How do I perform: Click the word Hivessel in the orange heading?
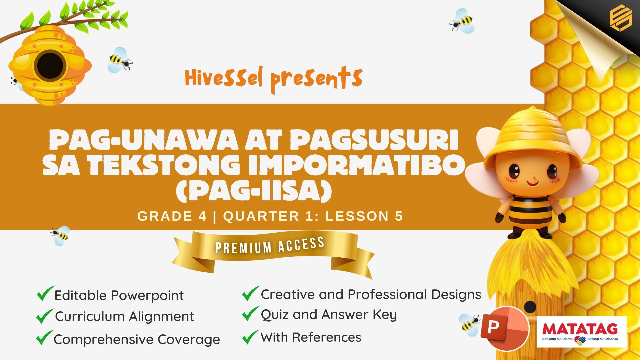point(224,78)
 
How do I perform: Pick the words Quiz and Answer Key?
point(329,315)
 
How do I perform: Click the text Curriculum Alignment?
point(124,317)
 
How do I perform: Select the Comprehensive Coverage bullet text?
point(137,340)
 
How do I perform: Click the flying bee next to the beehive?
point(120,60)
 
